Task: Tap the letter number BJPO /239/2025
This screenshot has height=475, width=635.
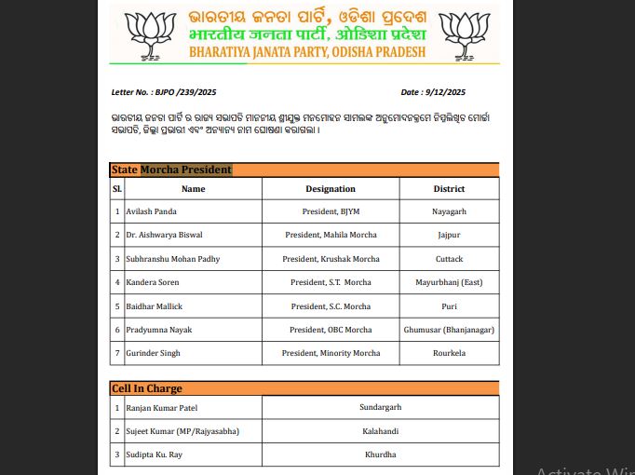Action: tap(164, 92)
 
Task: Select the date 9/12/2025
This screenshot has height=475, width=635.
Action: tap(433, 92)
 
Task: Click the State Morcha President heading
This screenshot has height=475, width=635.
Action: tap(171, 170)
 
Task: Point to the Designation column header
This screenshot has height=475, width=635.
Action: tap(331, 189)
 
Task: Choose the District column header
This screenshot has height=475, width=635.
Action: tap(449, 189)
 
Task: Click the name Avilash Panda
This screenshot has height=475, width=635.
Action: tap(152, 212)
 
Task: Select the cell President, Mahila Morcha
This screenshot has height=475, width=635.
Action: tap(331, 236)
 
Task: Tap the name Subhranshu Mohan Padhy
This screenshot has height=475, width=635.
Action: tap(173, 259)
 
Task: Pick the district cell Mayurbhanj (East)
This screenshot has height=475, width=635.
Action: tap(449, 282)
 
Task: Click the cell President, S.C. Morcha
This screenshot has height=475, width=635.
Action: tap(331, 306)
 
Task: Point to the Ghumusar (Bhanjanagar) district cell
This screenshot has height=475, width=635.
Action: tap(449, 330)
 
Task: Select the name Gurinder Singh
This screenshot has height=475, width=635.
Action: tap(154, 353)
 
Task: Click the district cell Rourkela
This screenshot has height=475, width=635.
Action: tap(449, 353)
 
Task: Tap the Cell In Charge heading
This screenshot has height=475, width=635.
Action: tap(146, 388)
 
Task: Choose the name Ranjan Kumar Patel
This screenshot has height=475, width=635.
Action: tap(162, 408)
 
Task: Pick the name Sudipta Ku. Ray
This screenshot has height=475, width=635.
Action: tap(155, 455)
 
